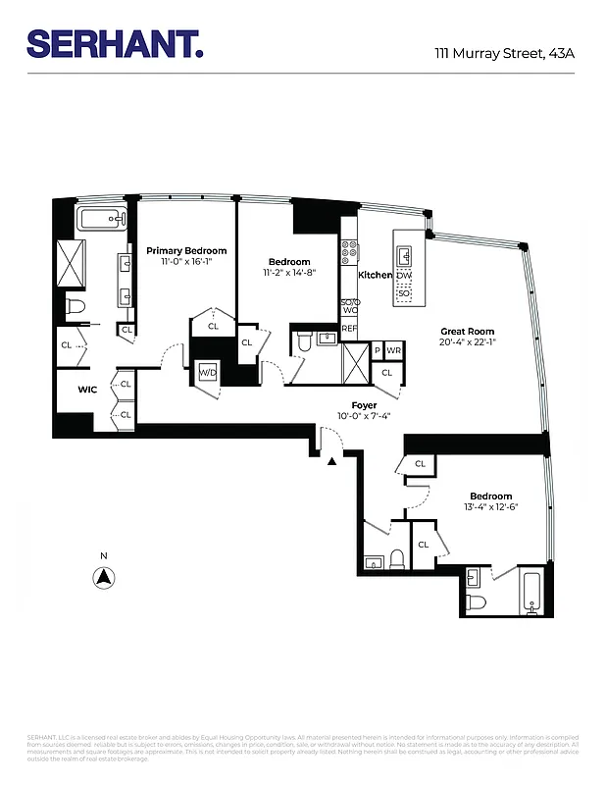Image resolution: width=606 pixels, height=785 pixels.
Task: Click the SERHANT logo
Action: pos(116,43)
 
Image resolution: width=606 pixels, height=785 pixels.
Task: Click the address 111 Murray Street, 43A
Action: pos(504,53)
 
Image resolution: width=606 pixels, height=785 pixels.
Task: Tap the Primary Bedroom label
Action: pos(186,251)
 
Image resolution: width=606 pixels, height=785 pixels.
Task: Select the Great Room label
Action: pos(467,332)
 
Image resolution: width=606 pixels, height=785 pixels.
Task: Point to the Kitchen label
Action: pos(375,276)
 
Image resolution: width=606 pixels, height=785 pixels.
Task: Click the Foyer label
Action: pos(365,405)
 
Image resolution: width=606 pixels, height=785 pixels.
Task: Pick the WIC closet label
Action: pos(88,390)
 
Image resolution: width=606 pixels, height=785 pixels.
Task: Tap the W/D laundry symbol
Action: pos(208,373)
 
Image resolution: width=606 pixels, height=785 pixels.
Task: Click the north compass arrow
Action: pos(103,577)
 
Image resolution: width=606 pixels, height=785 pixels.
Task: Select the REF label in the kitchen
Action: pos(349,329)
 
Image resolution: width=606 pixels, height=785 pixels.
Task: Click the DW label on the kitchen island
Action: pos(404,276)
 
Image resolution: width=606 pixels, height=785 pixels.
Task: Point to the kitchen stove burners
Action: pos(348,254)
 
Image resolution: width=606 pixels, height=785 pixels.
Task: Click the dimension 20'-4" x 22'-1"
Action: pos(467,343)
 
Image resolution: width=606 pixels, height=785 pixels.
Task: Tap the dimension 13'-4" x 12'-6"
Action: pos(490,507)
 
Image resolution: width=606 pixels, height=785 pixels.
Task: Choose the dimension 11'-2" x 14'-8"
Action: pos(289,274)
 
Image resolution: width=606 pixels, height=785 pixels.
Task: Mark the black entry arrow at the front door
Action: pos(333,459)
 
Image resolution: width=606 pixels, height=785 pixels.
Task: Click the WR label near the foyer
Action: pos(394,350)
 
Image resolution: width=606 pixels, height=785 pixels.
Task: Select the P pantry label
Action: pos(377,350)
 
